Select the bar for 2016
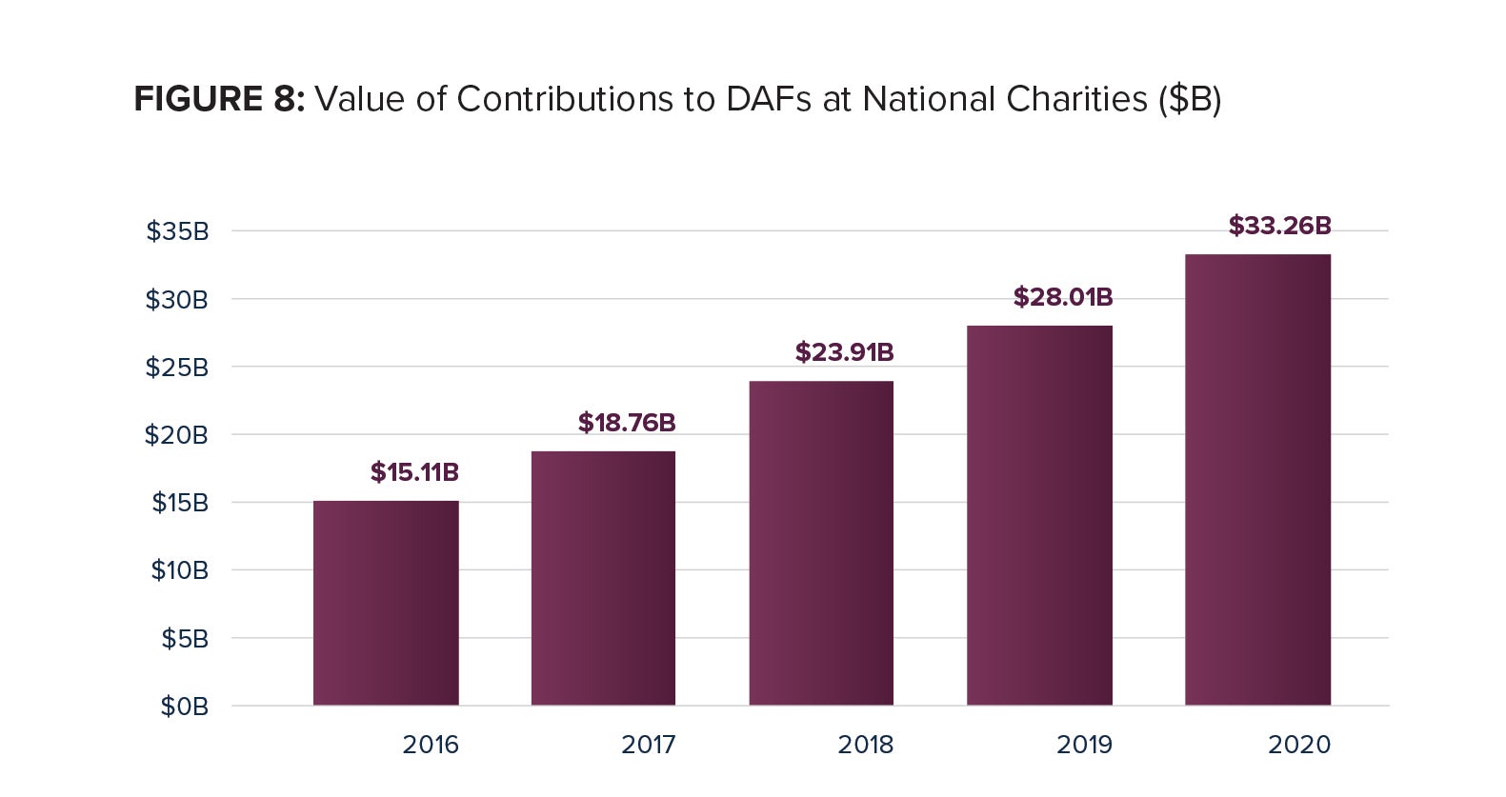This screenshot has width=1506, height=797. click(x=386, y=603)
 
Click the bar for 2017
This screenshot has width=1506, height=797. click(x=603, y=578)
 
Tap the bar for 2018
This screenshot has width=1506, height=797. click(x=821, y=543)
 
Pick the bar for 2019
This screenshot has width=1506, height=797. click(x=1039, y=515)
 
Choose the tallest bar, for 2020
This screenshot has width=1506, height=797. click(x=1257, y=479)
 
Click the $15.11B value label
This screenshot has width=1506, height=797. click(x=414, y=472)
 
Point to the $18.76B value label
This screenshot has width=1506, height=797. click(x=627, y=423)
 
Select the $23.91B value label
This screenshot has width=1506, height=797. click(x=844, y=352)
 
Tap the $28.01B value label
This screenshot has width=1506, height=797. click(x=1062, y=297)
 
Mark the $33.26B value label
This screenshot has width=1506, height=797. click(x=1279, y=226)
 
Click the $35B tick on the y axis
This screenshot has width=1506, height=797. click(x=177, y=231)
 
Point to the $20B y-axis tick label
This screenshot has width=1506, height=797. click(x=176, y=435)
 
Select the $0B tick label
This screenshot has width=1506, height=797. click(x=184, y=707)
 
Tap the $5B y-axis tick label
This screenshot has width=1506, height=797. click(x=185, y=639)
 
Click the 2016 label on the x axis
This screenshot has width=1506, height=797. click(x=431, y=745)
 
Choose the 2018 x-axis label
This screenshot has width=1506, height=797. click(x=866, y=745)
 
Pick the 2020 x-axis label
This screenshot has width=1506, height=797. click(x=1299, y=745)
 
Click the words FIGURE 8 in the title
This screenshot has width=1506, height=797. click(x=218, y=99)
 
